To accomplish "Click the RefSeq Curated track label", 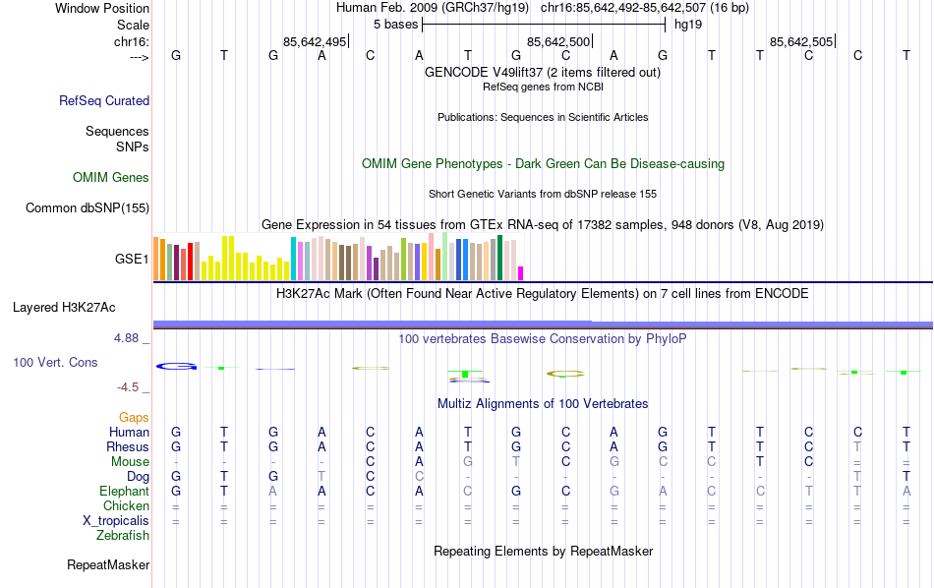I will pyautogui.click(x=104, y=100).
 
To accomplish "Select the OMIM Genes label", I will pyautogui.click(x=111, y=178).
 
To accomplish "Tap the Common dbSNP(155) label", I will pyautogui.click(x=88, y=207).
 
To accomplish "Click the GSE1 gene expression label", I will pyautogui.click(x=132, y=260).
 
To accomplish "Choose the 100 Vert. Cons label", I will pyautogui.click(x=55, y=362).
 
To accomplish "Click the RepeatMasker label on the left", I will pyautogui.click(x=108, y=564).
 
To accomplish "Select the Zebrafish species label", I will pyautogui.click(x=123, y=536).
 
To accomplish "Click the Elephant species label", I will pyautogui.click(x=125, y=491).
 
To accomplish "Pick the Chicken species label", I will pyautogui.click(x=127, y=505).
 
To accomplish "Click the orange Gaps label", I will pyautogui.click(x=134, y=418).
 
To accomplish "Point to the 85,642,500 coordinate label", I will pyautogui.click(x=558, y=41).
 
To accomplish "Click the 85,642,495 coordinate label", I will pyautogui.click(x=314, y=41).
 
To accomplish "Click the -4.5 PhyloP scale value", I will pyautogui.click(x=131, y=387).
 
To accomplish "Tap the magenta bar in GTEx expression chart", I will pyautogui.click(x=521, y=273).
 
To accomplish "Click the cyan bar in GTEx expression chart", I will pyautogui.click(x=293, y=259).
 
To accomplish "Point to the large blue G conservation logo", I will pyautogui.click(x=177, y=367).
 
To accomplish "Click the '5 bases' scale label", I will pyautogui.click(x=395, y=24).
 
